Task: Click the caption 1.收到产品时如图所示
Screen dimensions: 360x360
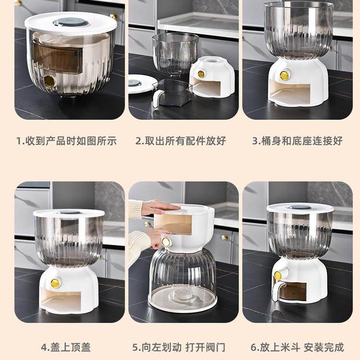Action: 67,141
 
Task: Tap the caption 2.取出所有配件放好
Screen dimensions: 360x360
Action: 180,141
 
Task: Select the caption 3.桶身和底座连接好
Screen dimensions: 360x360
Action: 298,141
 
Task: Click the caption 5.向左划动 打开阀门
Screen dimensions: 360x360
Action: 179,347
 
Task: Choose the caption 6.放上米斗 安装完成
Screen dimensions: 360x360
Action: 298,347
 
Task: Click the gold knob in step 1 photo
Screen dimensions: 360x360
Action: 49,82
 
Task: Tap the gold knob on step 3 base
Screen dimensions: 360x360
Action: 285,75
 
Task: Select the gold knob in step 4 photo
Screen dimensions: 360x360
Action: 56,283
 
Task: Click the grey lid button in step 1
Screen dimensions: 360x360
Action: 71,22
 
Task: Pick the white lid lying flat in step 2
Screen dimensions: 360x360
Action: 140,84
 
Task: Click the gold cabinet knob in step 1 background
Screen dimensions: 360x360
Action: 113,16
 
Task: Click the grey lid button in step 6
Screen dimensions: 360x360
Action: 300,207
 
